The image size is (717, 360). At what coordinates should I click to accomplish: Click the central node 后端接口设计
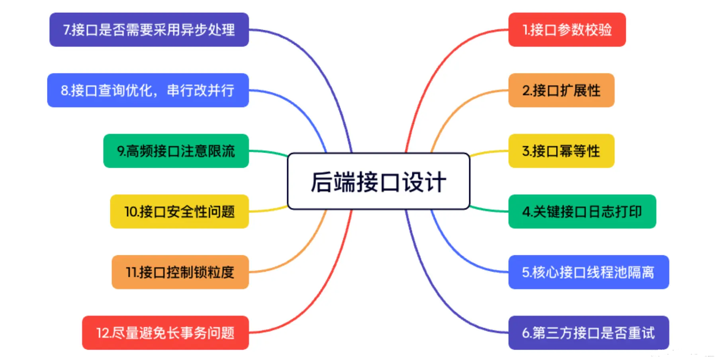click(x=378, y=181)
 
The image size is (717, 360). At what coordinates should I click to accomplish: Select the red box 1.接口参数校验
click(x=567, y=30)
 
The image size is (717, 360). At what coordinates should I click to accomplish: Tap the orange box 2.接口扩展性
click(x=561, y=90)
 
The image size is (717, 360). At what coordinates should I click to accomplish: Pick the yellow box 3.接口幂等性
click(x=561, y=151)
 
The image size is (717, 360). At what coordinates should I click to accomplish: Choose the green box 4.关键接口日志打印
click(x=582, y=211)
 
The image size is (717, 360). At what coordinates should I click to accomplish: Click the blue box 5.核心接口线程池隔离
click(x=588, y=272)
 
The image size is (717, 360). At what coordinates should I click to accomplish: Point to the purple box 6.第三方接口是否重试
click(x=588, y=333)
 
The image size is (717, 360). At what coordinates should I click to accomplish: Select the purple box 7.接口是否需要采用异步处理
click(x=149, y=30)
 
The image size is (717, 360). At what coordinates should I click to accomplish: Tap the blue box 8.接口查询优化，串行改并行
click(x=148, y=90)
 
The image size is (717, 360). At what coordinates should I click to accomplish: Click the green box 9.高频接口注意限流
click(x=176, y=151)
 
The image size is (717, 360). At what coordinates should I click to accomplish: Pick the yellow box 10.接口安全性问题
click(x=179, y=211)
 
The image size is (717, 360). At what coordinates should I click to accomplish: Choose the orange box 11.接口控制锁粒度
click(x=180, y=272)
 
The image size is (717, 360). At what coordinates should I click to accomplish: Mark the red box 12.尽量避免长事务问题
click(x=165, y=333)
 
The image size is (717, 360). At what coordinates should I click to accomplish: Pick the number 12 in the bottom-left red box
click(x=102, y=333)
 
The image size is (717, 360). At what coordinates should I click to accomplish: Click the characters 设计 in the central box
click(x=424, y=182)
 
